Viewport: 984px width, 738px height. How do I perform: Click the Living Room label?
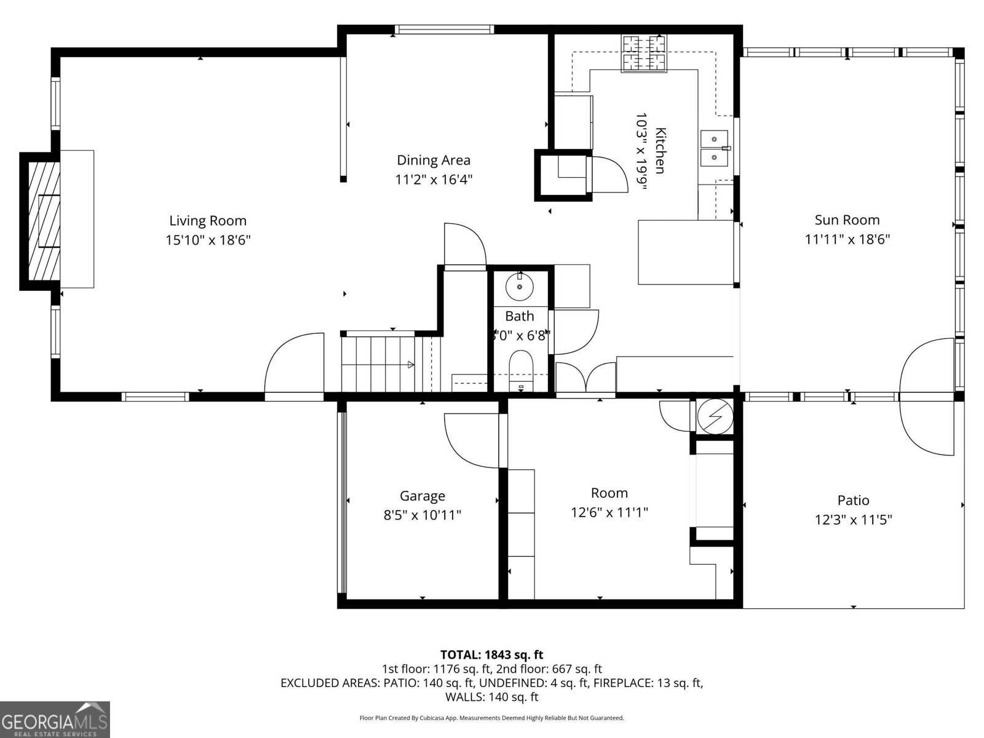[208, 221]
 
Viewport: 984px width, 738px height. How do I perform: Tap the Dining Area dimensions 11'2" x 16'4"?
[434, 180]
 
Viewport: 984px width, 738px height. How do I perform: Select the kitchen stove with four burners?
[644, 54]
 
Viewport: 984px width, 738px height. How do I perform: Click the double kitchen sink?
[714, 148]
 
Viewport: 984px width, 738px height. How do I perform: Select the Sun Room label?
[847, 220]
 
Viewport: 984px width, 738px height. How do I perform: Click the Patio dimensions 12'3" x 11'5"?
[853, 520]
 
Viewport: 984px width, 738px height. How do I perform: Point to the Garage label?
[422, 496]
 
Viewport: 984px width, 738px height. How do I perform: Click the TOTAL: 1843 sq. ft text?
[491, 654]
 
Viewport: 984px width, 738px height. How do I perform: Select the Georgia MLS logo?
[55, 720]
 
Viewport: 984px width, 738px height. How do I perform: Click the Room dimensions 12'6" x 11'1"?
[609, 512]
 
